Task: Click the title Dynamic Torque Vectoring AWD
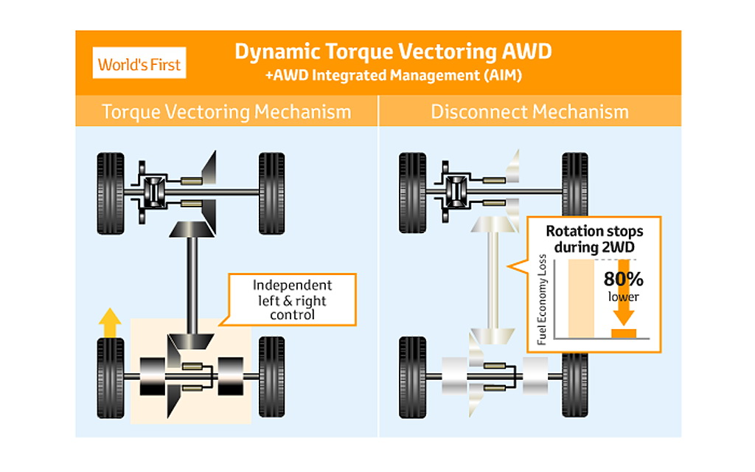[392, 52]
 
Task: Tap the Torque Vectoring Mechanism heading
[226, 112]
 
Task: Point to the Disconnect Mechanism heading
[529, 112]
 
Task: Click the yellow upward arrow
[111, 322]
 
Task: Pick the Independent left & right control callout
[293, 299]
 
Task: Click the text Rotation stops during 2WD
[594, 237]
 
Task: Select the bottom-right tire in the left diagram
[271, 377]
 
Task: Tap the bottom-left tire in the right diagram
[412, 377]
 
